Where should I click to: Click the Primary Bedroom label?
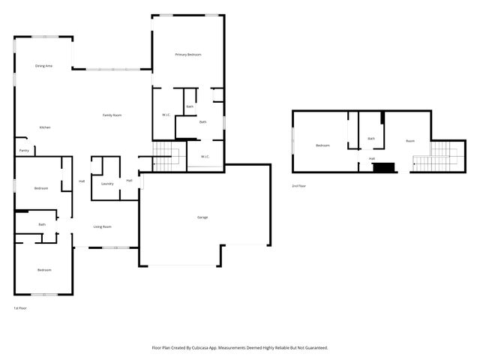tap(188, 55)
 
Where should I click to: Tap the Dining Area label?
tap(43, 66)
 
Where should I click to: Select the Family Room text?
tap(112, 115)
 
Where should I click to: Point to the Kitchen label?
tap(44, 127)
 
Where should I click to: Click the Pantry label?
tap(24, 151)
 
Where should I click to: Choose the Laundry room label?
tap(107, 183)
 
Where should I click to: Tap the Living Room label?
tap(102, 226)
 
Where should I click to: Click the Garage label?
tap(202, 217)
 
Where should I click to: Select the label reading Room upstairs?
tap(410, 141)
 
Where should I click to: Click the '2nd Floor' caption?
tap(298, 185)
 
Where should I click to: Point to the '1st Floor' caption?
tap(21, 308)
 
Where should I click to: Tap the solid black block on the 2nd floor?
tap(384, 167)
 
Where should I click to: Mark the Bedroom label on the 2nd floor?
tap(322, 145)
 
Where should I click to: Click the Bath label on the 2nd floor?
tap(371, 139)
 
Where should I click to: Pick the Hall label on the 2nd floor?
tap(371, 159)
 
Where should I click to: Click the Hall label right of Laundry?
tap(129, 180)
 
